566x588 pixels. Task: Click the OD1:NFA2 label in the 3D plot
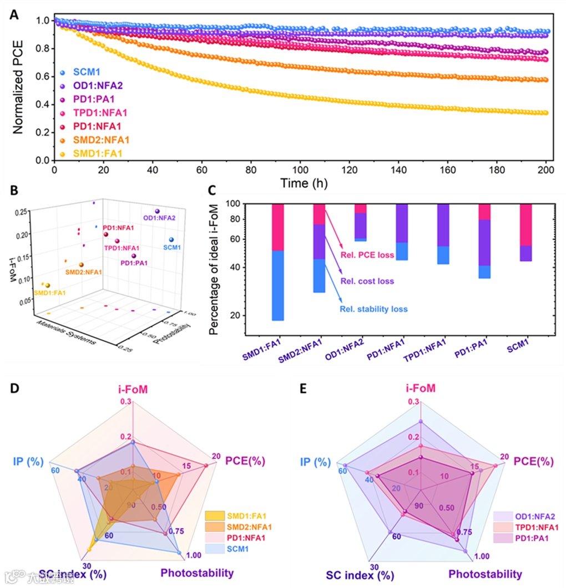pos(159,218)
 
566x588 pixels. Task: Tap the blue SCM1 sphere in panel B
pos(171,239)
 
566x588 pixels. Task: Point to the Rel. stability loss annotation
pos(374,309)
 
